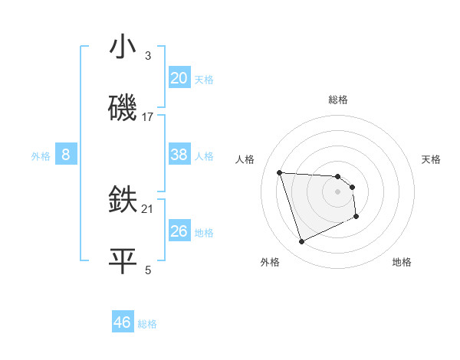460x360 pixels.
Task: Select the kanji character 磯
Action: pos(123,108)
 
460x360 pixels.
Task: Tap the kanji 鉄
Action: pos(123,201)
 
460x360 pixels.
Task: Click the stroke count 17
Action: pos(148,117)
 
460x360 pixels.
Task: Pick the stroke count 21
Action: pos(148,208)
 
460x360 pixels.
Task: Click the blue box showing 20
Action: pos(179,78)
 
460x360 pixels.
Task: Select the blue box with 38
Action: pos(179,155)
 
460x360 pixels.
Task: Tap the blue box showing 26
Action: pos(179,231)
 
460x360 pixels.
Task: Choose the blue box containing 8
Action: pos(66,155)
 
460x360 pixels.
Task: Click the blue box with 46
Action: pos(123,322)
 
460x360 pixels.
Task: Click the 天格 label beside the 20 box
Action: pos(204,79)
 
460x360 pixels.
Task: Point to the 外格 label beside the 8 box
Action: pos(41,155)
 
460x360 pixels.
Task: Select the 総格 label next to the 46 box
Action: pos(147,323)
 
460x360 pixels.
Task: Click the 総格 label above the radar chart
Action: pos(338,100)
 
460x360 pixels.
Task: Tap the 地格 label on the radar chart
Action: pos(402,262)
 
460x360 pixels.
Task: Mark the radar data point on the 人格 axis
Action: pos(280,172)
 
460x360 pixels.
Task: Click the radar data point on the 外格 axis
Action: pos(301,242)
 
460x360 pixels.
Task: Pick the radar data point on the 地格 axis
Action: pos(356,217)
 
